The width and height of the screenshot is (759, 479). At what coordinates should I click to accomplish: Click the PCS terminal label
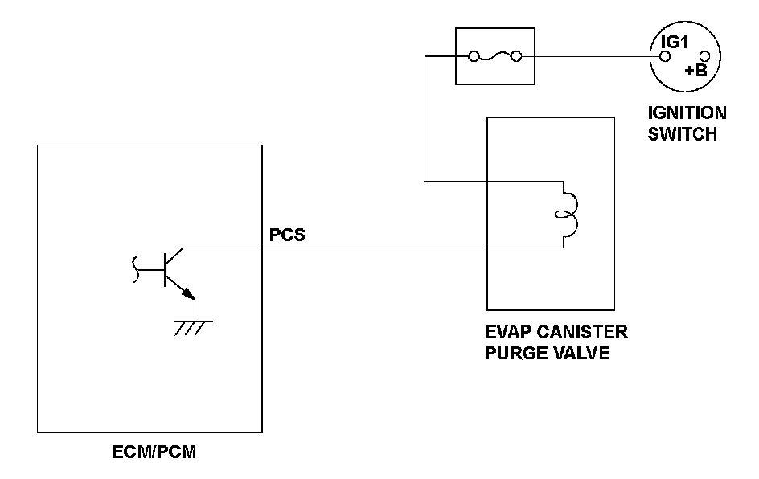[287, 235]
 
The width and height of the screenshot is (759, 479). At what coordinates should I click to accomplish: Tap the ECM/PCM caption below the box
[154, 452]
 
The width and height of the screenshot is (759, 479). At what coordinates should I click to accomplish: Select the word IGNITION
[687, 113]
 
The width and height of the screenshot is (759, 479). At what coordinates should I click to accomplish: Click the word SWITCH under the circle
[682, 134]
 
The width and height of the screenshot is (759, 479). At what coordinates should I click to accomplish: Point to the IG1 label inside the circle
[675, 42]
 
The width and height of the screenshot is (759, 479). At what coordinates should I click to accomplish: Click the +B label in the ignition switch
[695, 71]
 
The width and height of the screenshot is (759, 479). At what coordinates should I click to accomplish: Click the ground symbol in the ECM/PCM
[194, 328]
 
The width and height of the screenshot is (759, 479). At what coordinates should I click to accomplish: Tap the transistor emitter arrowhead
[189, 293]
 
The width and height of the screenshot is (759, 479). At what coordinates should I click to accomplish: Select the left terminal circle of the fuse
[474, 57]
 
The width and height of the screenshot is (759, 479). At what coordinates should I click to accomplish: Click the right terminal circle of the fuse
[516, 57]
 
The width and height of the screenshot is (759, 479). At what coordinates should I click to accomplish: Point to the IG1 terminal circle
[666, 57]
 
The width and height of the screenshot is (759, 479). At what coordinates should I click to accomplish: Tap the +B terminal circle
[705, 56]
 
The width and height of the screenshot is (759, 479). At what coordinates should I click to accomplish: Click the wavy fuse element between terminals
[494, 56]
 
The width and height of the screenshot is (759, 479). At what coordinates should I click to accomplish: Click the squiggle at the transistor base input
[136, 269]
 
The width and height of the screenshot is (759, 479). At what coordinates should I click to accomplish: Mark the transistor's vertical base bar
[165, 269]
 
